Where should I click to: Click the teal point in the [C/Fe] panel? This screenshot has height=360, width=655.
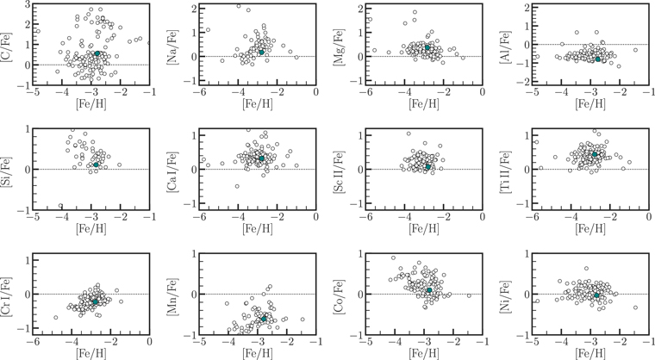(97, 53)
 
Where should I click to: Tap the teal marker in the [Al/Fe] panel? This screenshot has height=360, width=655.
(598, 59)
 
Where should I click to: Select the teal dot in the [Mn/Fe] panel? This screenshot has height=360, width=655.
(264, 319)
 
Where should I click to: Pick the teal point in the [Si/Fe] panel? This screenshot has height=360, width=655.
(96, 165)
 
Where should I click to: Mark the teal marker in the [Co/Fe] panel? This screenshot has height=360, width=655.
(429, 290)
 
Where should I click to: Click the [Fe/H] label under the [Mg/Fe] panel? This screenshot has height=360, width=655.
(423, 104)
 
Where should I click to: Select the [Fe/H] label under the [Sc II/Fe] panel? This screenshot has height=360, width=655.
(423, 228)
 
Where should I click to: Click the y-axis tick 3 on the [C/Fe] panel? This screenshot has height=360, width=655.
(27, 4)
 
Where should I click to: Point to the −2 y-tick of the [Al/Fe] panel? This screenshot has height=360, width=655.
(522, 82)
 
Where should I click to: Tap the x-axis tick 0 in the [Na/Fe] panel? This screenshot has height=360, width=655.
(315, 92)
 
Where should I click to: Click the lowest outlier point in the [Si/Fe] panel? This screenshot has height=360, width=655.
(60, 206)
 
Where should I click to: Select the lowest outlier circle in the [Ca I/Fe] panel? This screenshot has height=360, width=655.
(237, 186)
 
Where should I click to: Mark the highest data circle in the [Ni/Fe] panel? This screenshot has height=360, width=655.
(586, 269)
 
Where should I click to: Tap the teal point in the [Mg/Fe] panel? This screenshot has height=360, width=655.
(427, 47)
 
